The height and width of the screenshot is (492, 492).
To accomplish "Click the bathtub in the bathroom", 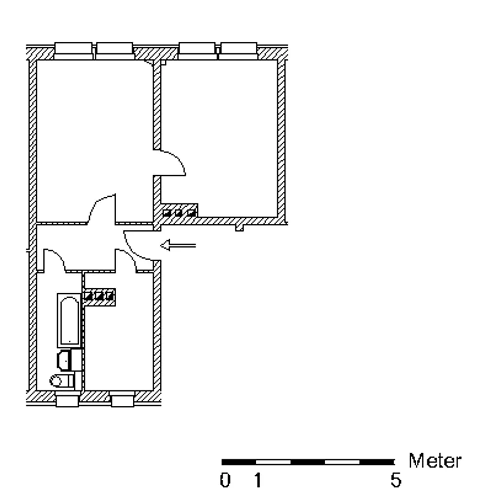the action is point(69,320).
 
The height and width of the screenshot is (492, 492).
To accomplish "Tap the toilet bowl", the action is point(62,381).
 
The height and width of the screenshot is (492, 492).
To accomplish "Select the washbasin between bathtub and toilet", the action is point(64,361).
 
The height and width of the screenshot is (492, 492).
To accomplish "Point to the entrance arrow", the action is point(178,245).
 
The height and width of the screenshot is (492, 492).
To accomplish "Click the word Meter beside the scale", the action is point(435,461).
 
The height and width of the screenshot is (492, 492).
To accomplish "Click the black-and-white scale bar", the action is point(308,462).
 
